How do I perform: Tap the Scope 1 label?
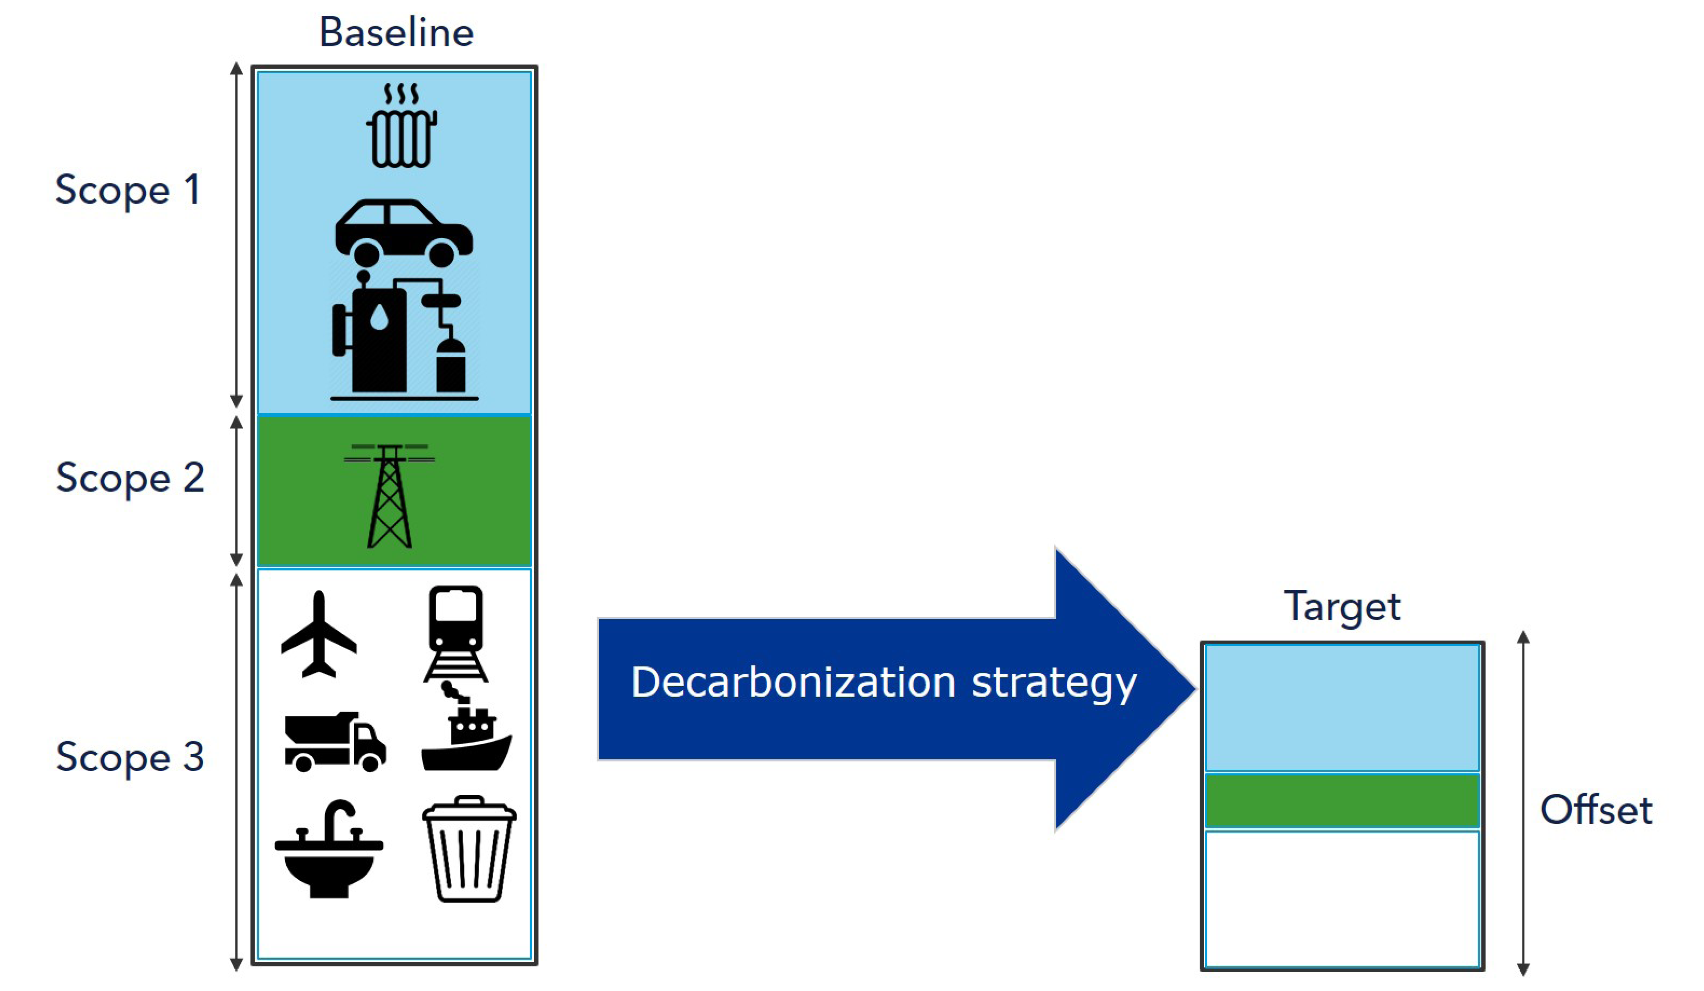[x=128, y=189]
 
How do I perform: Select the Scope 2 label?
[x=130, y=478]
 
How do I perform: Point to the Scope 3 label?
[x=130, y=756]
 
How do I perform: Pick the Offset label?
[x=1596, y=810]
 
